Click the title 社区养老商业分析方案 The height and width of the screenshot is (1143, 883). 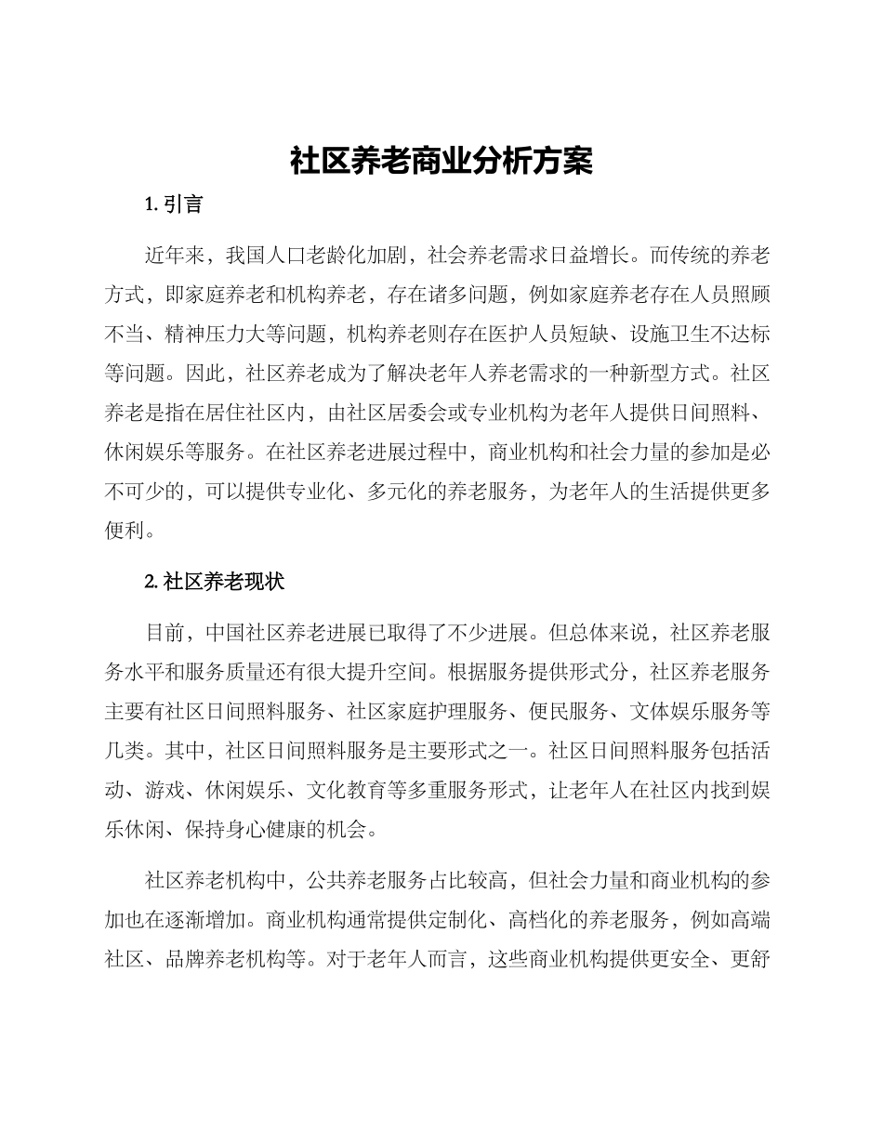[441, 161]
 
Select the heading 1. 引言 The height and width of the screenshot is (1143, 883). [174, 204]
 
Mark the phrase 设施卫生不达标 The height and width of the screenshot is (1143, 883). [687, 334]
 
